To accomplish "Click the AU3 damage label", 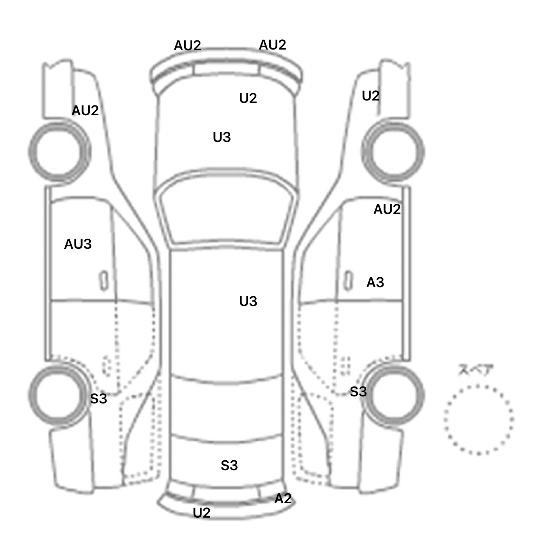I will [78, 244].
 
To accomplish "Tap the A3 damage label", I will [375, 283].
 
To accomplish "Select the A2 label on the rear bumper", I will [283, 499].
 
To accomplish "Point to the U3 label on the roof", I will [248, 302].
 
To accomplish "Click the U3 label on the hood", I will [222, 137].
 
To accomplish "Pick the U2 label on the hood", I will [248, 98].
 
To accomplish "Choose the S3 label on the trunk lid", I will [229, 466].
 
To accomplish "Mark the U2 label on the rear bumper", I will [202, 513].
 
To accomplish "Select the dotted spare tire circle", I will [478, 419].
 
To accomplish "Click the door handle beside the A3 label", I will [348, 281].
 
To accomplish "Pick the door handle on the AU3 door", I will [104, 281].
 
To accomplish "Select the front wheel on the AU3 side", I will [59, 152].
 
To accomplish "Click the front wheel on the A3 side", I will [393, 152].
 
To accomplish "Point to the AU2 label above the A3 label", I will [387, 209].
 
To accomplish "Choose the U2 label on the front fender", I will [371, 96].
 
